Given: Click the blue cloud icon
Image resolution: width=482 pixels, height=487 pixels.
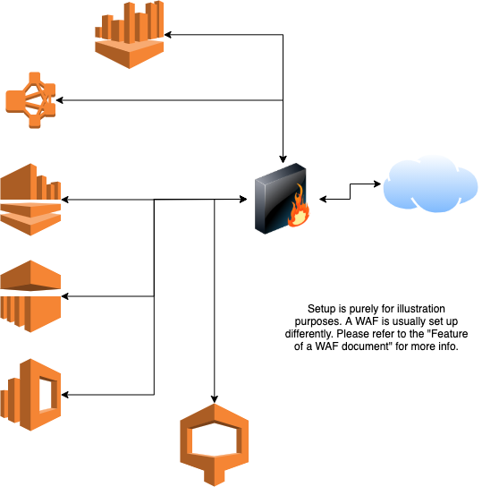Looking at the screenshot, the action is coord(430,184).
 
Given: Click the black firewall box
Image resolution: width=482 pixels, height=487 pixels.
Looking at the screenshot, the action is coord(281,199).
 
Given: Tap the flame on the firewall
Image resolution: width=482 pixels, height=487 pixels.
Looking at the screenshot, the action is coord(298,207).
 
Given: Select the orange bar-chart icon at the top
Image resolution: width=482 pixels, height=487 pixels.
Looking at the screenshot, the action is coord(130,35).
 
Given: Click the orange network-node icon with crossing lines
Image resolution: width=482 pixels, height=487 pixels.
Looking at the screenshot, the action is coord(30,100).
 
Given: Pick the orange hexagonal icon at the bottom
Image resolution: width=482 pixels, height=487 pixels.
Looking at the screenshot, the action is coord(215,445).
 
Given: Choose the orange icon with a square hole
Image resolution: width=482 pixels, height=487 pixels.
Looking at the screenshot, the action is coord(30,395).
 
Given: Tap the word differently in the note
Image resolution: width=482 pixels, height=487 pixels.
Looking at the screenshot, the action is coord(309,334).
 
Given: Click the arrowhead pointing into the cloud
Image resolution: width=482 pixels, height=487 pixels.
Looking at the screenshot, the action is coord(377,184).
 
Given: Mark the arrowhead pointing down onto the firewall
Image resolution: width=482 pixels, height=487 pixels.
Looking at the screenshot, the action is coord(283,159).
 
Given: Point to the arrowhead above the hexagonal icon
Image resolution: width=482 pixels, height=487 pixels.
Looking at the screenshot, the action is coord(215,399).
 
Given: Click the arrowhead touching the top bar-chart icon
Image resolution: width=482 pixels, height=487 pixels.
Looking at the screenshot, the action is coord(168,35).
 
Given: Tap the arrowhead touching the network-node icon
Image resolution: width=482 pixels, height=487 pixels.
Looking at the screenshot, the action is coord(60,100).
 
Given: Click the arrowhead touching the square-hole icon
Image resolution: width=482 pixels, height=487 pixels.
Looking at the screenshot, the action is coord(65,395).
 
